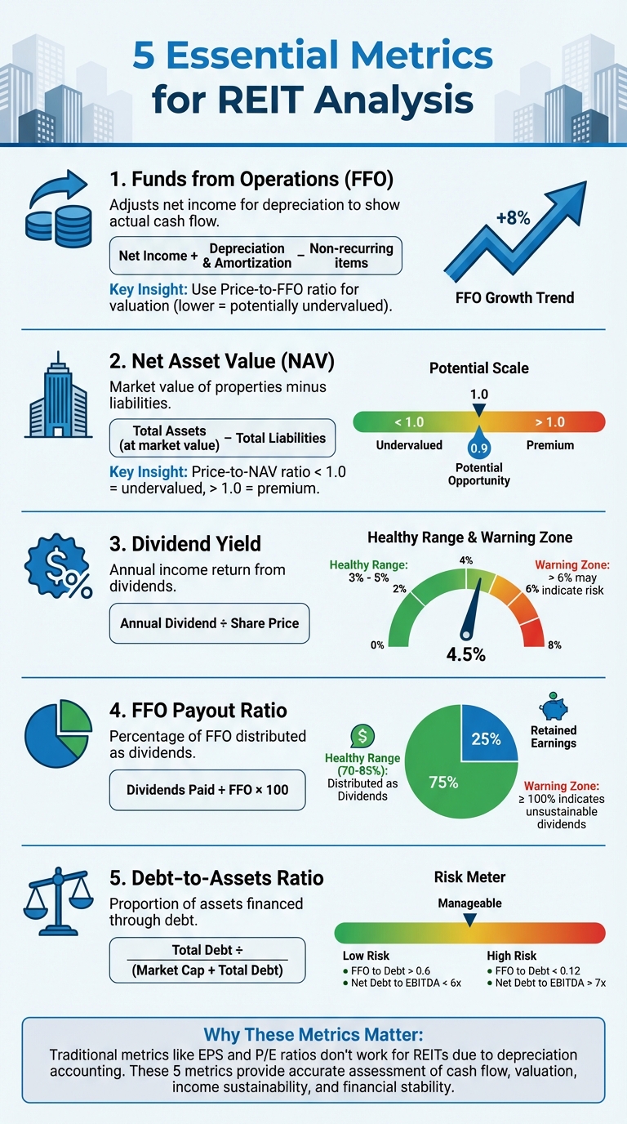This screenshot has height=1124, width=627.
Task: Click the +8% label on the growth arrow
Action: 513,218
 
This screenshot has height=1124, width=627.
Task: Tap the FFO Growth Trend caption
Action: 514,297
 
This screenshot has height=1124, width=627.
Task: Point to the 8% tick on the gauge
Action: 554,645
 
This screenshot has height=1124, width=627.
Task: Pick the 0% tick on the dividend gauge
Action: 377,645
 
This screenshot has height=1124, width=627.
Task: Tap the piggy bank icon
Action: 554,705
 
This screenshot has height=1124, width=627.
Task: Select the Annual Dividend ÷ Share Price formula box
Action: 209,623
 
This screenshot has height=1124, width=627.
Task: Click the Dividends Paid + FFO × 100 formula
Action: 207,790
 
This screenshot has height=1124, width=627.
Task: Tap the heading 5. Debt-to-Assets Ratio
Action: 216,878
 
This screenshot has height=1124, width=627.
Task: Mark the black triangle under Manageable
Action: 469,920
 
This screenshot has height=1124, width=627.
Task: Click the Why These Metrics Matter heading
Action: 313,1033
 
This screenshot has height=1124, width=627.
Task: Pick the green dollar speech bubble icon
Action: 361,736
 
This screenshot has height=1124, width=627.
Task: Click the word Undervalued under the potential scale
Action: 409,445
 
